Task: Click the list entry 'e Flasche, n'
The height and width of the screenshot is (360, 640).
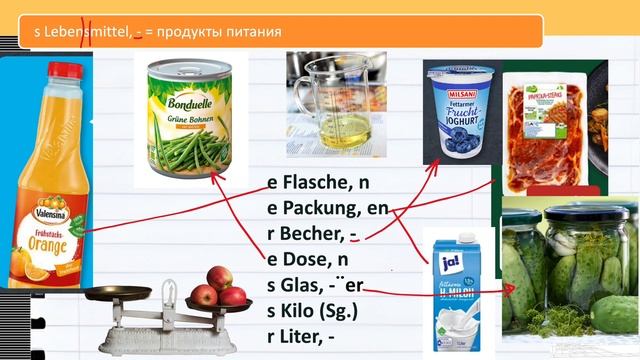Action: pos(318,183)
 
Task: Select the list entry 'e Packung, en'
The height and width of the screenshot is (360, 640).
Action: pos(327,209)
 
